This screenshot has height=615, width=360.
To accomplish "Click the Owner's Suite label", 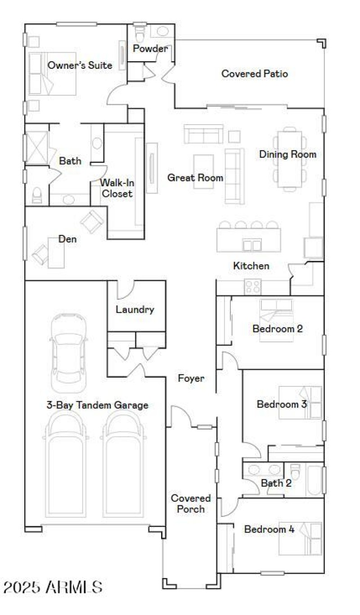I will tap(80, 65).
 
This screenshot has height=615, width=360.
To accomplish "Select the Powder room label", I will tap(150, 49).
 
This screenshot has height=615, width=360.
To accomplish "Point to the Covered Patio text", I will tap(254, 74).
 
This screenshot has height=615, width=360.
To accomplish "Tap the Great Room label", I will tap(195, 178).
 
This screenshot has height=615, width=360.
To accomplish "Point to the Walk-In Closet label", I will tap(117, 188).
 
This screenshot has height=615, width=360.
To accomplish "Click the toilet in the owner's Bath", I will tap(36, 195).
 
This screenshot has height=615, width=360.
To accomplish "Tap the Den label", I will tap(67, 239).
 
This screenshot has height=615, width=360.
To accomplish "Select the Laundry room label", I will tap(135, 310).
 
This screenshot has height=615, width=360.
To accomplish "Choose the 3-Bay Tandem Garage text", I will tap(97, 405).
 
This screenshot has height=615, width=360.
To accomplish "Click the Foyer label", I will tap(191, 378).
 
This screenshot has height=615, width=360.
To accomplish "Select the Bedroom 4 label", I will tap(269, 529).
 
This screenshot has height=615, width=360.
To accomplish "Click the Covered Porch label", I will tap(190, 503).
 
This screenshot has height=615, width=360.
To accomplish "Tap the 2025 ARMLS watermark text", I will tap(53, 587).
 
